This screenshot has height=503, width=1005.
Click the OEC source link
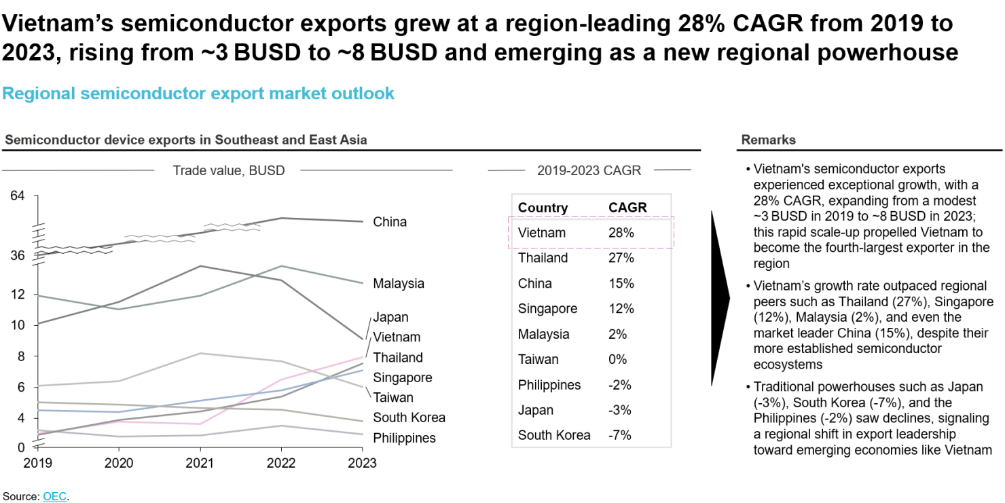pyautogui.click(x=54, y=496)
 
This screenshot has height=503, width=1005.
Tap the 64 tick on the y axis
pyautogui.click(x=17, y=196)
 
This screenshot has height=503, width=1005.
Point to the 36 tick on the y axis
pyautogui.click(x=17, y=255)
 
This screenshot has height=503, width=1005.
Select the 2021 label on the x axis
pyautogui.click(x=200, y=463)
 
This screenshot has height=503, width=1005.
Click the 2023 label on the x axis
pyautogui.click(x=362, y=463)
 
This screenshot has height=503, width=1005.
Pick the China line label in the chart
pyautogui.click(x=390, y=222)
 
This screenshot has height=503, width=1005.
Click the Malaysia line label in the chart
pyautogui.click(x=399, y=284)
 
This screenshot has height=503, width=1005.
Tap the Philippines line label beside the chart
pyautogui.click(x=404, y=438)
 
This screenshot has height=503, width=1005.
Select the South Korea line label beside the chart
pyautogui.click(x=409, y=417)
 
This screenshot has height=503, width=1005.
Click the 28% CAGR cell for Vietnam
pyautogui.click(x=621, y=233)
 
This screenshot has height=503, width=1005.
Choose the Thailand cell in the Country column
pyautogui.click(x=543, y=258)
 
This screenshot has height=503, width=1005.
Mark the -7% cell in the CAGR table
pyautogui.click(x=619, y=435)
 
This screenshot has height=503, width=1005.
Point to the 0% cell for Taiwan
pyautogui.click(x=617, y=359)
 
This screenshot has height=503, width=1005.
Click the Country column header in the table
pyautogui.click(x=543, y=208)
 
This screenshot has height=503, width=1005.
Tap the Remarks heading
pyautogui.click(x=768, y=140)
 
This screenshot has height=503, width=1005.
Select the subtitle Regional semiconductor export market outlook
pyautogui.click(x=198, y=93)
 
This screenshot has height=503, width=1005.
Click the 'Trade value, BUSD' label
pyautogui.click(x=228, y=170)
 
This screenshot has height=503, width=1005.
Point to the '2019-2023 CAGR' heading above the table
pyautogui.click(x=589, y=170)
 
